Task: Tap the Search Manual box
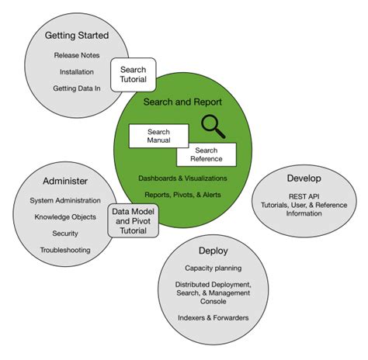click(x=158, y=136)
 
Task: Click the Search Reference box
click(x=206, y=154)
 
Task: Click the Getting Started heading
click(x=77, y=36)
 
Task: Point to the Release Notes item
click(x=76, y=55)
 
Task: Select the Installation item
click(x=76, y=71)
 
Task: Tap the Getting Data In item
click(x=76, y=88)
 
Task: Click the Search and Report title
click(x=182, y=102)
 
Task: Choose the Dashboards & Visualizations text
click(x=183, y=178)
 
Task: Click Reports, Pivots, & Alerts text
click(x=183, y=195)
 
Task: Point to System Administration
click(x=65, y=200)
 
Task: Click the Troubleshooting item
click(x=65, y=250)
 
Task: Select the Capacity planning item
click(x=213, y=268)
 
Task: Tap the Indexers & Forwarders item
click(x=213, y=318)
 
